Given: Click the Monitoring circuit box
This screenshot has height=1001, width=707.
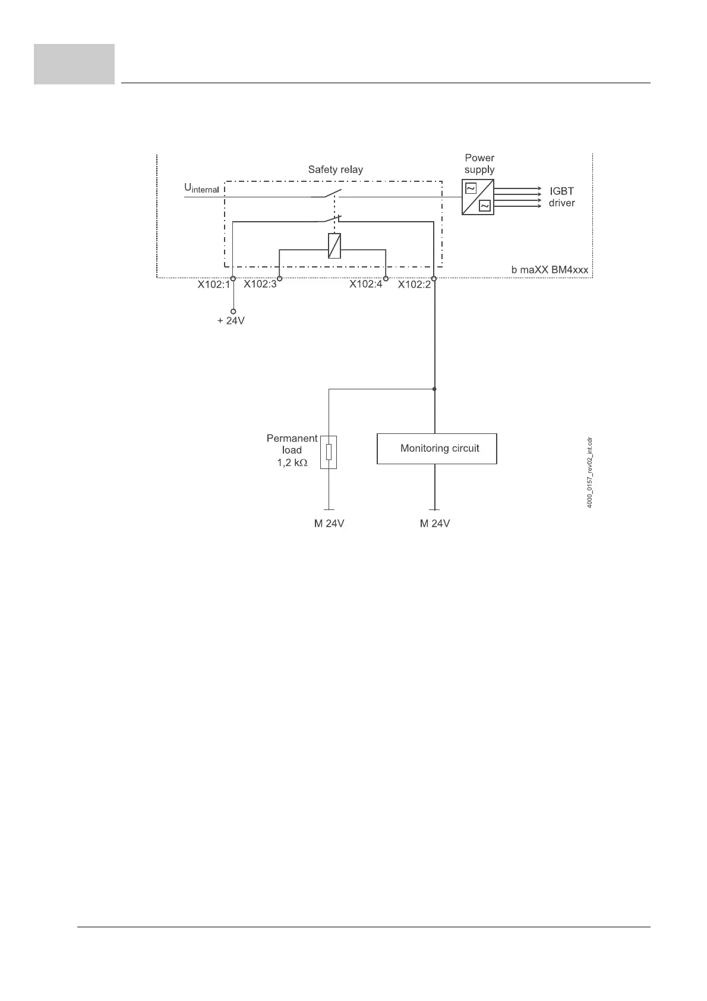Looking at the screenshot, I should pos(437,448).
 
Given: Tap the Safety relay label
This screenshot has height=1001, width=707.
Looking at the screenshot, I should pos(335,169).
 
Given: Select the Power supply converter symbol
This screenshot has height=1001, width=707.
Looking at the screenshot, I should pos(478,197).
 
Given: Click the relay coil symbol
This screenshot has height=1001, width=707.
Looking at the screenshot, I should pos(334,245).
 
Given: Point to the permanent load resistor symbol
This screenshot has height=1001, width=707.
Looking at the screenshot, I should pos(329,452).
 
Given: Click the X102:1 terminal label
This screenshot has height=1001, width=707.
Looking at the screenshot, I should pos(213,285).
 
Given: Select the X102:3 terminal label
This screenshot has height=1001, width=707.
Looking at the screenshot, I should pos(260,285).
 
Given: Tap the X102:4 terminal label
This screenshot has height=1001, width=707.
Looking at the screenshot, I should pos(365,285).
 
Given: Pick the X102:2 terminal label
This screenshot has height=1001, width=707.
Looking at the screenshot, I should pos(414,285).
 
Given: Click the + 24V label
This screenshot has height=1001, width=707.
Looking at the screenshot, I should pos(231,321).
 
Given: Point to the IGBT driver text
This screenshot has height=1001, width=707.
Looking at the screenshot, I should pos(561,197).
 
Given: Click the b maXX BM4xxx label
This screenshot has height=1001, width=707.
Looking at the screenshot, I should pos(550,270).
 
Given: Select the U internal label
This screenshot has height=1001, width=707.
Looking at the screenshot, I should pos(201,188).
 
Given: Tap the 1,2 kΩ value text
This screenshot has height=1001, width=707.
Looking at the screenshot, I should pos(292,462).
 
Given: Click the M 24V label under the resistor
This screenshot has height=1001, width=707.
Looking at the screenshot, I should pos(329,524).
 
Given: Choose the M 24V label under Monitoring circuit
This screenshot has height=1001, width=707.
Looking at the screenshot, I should pos(435,524).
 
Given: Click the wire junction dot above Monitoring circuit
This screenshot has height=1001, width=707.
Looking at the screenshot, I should pos(435,389).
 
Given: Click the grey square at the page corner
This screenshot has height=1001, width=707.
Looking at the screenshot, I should pos(74,64).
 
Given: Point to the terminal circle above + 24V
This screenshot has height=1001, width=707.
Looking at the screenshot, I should pos(233,311).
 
